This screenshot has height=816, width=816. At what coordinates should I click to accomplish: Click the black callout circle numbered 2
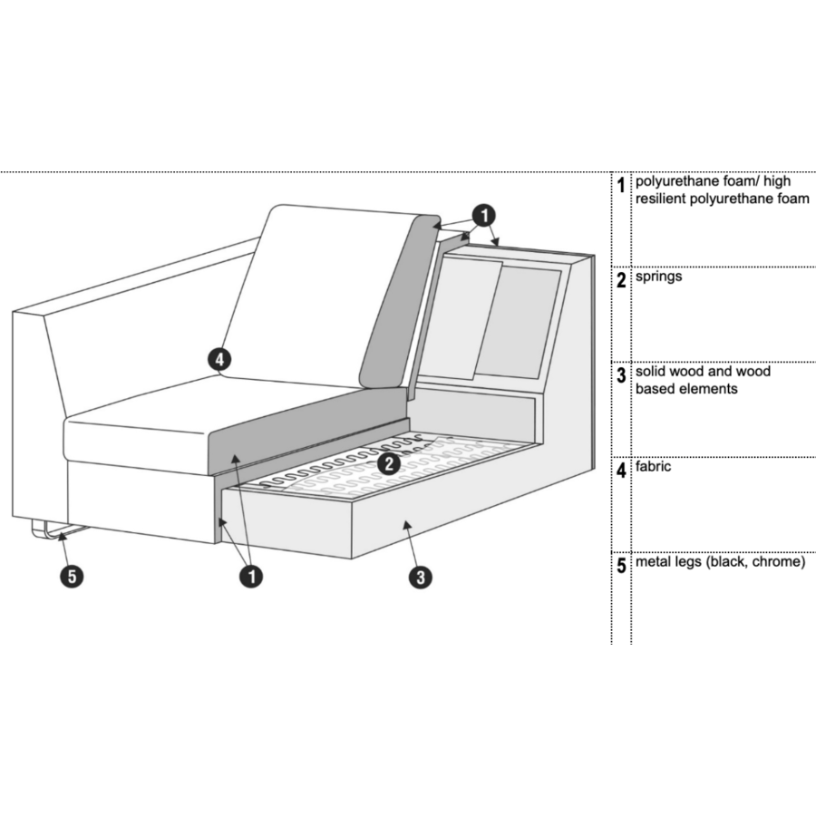pyautogui.click(x=389, y=463)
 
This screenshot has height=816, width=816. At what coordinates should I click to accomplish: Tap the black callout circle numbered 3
pyautogui.click(x=420, y=577)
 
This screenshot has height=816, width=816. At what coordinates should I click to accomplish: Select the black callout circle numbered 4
pyautogui.click(x=219, y=360)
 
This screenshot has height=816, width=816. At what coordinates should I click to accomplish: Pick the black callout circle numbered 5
pyautogui.click(x=73, y=576)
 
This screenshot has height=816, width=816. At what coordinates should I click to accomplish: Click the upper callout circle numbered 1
pyautogui.click(x=483, y=216)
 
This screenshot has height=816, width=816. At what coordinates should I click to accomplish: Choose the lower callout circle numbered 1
pyautogui.click(x=251, y=577)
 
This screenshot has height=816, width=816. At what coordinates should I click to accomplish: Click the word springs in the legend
pyautogui.click(x=658, y=277)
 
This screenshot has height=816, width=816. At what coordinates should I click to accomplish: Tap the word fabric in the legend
pyautogui.click(x=653, y=466)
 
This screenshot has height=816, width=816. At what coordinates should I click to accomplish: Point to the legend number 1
pyautogui.click(x=620, y=185)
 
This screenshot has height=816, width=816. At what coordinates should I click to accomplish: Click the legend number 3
pyautogui.click(x=621, y=375)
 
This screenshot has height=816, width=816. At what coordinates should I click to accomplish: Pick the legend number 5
pyautogui.click(x=621, y=566)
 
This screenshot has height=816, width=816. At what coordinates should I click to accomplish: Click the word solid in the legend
pyautogui.click(x=650, y=372)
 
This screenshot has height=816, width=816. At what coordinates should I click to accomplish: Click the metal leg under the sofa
pyautogui.click(x=58, y=530)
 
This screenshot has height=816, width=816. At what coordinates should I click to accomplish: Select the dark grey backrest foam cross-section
pyautogui.click(x=399, y=302)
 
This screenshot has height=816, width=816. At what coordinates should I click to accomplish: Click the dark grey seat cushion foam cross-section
pyautogui.click(x=307, y=432)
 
